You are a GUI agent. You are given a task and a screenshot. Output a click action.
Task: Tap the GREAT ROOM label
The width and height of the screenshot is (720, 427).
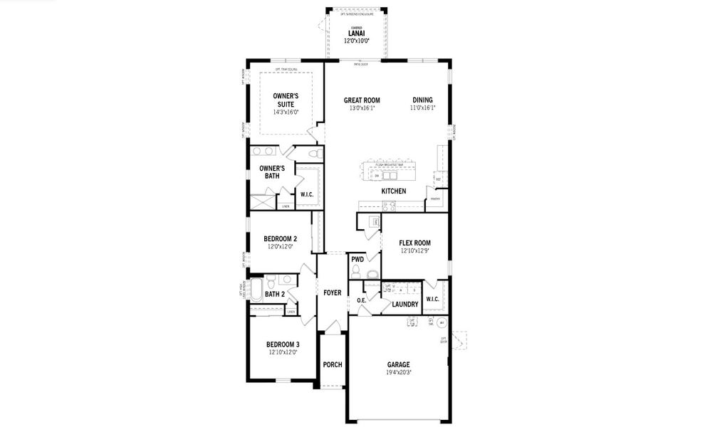point(362,100)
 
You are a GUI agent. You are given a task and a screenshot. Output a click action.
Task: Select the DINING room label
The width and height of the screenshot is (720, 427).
point(422,100)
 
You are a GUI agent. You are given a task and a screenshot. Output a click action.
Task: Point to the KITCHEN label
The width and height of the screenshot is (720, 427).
point(393,191)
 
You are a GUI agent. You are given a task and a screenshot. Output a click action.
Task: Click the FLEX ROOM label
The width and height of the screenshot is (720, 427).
point(414,243)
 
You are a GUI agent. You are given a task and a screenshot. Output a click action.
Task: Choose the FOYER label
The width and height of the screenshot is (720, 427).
point(333,292)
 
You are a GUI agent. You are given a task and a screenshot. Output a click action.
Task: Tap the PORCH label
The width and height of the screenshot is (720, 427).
point(333,364)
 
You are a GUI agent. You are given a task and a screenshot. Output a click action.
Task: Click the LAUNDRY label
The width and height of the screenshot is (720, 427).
point(405,305)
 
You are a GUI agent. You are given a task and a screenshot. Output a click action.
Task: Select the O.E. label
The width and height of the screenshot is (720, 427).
point(361,300)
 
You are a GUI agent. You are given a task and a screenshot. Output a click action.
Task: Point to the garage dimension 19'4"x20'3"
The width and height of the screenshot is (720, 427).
point(399,372)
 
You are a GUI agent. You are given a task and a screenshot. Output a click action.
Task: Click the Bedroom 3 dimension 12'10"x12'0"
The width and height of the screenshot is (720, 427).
point(283,352)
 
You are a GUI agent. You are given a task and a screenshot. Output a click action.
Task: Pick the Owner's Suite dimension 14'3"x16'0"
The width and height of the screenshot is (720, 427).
point(286,112)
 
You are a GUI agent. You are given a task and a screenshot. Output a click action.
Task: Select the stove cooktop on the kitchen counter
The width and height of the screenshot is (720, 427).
point(389,206)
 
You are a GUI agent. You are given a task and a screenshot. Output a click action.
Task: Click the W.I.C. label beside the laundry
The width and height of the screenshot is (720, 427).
point(432,299)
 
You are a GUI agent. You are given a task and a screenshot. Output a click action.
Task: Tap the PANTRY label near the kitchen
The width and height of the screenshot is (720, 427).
point(434,199)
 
